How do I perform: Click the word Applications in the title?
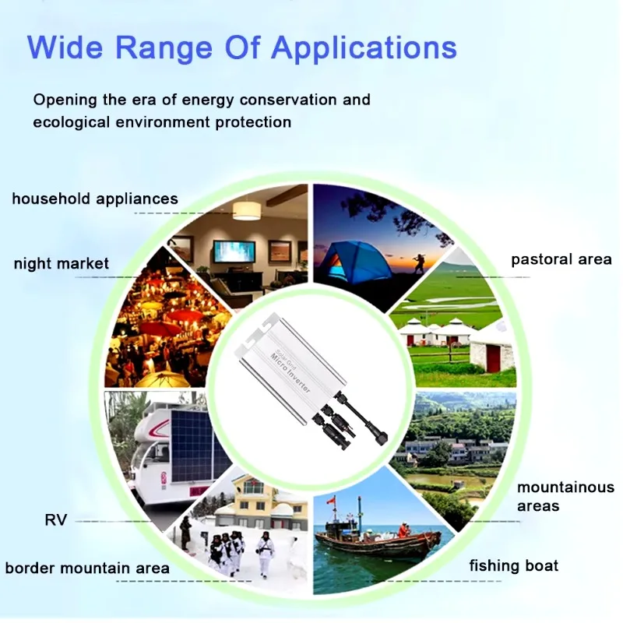pos(364,48)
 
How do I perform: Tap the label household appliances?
pos(95,199)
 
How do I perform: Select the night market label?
pos(62,263)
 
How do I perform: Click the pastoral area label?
pos(561,259)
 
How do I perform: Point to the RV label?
pos(56,519)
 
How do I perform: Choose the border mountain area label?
pos(87,568)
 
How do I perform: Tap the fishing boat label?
pos(514,565)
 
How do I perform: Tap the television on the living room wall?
pos(234,251)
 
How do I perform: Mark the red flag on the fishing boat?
pos(330,502)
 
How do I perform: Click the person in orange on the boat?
pos(403,530)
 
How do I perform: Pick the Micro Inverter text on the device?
pos(290,372)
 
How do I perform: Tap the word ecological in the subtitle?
pos(71,122)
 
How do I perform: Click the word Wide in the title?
pos(65,48)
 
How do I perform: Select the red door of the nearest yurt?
pos(493,359)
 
